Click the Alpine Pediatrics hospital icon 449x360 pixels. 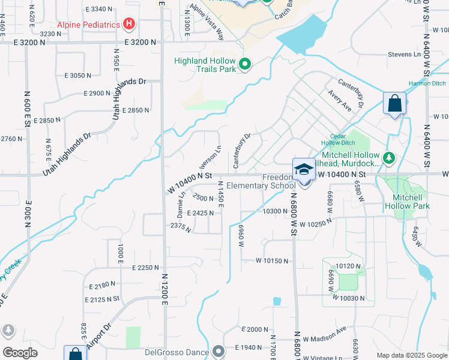pos(128,25)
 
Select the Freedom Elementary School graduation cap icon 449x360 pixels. pos(304,170)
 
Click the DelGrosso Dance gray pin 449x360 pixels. pos(218,351)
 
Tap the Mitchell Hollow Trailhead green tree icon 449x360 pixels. pos(390,158)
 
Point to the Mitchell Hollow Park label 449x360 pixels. pos(411,202)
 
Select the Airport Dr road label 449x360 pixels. pos(99,338)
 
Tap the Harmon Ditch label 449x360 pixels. pos(427,83)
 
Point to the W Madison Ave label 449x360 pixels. pos(325,334)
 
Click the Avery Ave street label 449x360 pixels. pos(340,98)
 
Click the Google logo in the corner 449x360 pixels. pos(20,353)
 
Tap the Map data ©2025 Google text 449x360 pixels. pos(411,356)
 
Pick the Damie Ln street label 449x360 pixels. pos(181,208)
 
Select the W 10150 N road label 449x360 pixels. pos(272,261)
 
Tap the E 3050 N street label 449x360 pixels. pos(75,76)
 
